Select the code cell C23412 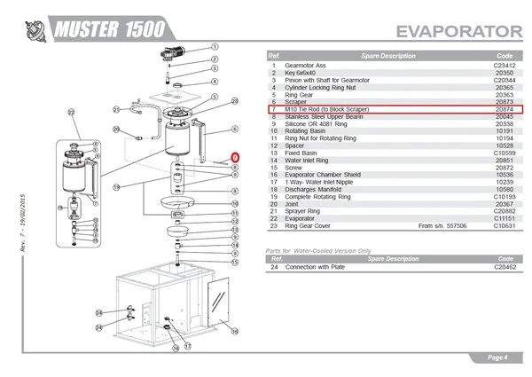[505, 65]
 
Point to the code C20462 [505, 266]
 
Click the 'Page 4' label [497, 357]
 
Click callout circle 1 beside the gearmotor [215, 43]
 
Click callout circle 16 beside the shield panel [234, 329]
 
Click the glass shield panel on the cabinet [216, 302]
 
